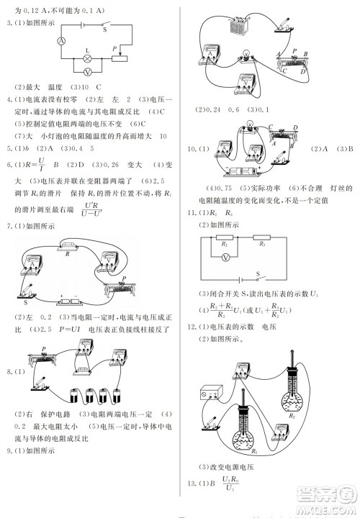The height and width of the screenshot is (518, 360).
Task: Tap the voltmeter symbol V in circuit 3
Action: [88, 73]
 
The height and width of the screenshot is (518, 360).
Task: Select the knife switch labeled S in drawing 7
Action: [27, 295]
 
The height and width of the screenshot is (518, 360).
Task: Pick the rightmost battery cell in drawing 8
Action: [119, 395]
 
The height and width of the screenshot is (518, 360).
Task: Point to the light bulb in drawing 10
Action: [250, 127]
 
